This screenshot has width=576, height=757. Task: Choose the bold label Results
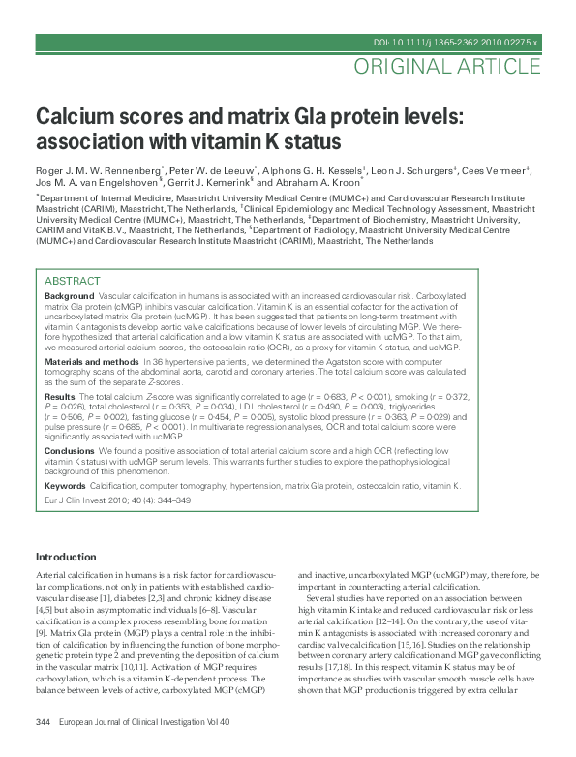click(60, 397)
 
